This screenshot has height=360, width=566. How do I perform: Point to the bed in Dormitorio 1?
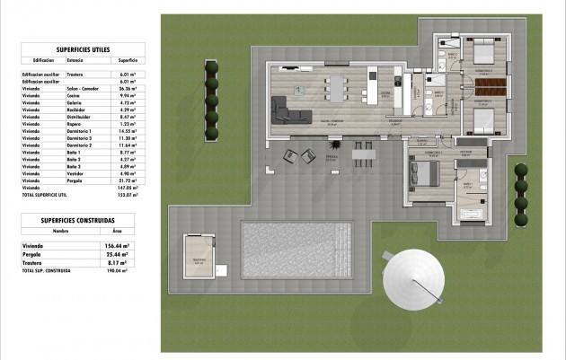[x=427, y=171]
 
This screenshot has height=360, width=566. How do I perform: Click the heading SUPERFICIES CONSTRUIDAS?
[x=77, y=219]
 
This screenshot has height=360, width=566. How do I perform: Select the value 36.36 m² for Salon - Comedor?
[x=127, y=89]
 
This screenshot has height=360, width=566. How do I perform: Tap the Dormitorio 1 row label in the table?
[x=82, y=132]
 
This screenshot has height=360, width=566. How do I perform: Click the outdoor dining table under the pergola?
[x=363, y=154]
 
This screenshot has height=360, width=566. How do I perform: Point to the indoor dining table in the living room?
[x=339, y=89]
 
